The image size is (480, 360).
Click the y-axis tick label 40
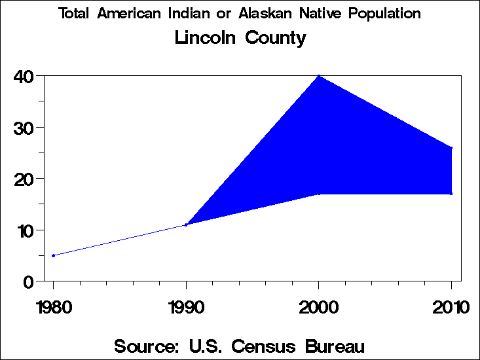(x=24, y=77)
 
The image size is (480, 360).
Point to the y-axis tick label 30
(x=24, y=128)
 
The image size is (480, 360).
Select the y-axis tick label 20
(x=24, y=179)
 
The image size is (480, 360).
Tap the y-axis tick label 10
(x=24, y=230)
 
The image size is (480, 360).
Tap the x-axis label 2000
(x=319, y=307)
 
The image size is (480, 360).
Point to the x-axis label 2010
(x=451, y=307)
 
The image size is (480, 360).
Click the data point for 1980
(x=53, y=255)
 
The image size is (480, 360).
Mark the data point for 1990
(x=187, y=225)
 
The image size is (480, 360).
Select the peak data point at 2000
(x=319, y=76)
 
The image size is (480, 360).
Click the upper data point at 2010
(x=451, y=148)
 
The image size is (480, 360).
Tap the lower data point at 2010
(x=451, y=193)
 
